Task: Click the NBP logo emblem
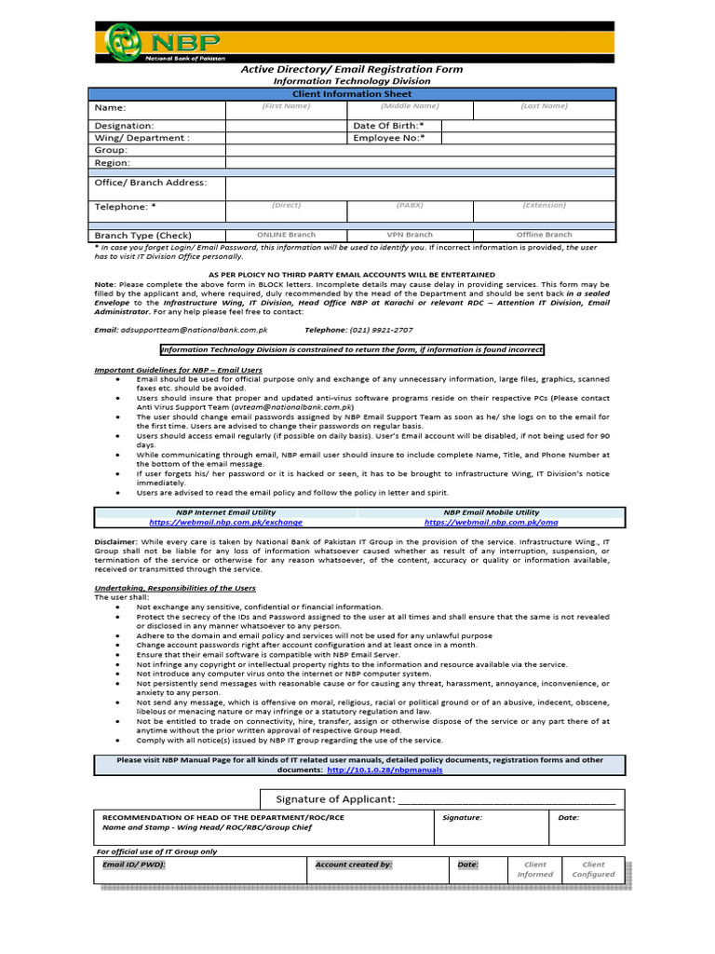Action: pyautogui.click(x=123, y=41)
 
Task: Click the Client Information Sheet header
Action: pyautogui.click(x=352, y=94)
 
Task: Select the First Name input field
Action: pyautogui.click(x=285, y=110)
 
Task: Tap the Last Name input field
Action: pyautogui.click(x=544, y=110)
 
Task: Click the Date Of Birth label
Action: pyautogui.click(x=388, y=125)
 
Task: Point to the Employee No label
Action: pyautogui.click(x=388, y=138)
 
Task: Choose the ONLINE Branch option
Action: pyautogui.click(x=286, y=235)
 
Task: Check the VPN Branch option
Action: pyautogui.click(x=410, y=235)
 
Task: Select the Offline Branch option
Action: pyautogui.click(x=544, y=235)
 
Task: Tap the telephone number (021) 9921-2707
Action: pyautogui.click(x=382, y=330)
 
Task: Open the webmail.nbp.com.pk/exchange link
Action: pyautogui.click(x=225, y=523)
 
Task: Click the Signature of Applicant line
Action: pyautogui.click(x=506, y=800)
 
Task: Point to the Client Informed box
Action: pyautogui.click(x=535, y=869)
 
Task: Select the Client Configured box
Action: pyautogui.click(x=593, y=869)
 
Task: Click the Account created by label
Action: pyautogui.click(x=354, y=865)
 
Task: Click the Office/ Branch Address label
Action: pyautogui.click(x=151, y=183)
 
